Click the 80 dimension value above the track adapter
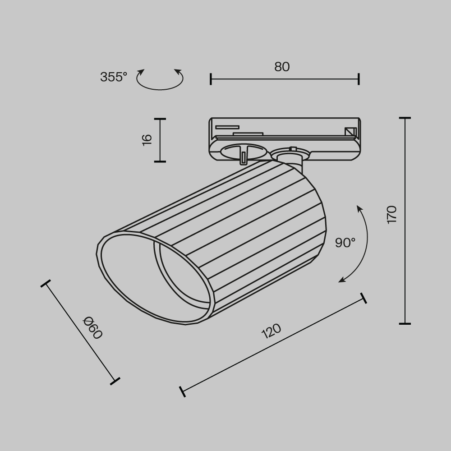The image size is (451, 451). [x=282, y=67]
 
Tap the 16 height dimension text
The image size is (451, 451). [x=147, y=139]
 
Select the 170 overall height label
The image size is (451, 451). [x=391, y=214]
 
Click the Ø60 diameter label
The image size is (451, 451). [x=93, y=328]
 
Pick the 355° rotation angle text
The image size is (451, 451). [x=114, y=77]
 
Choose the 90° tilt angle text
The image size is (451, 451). [x=345, y=243]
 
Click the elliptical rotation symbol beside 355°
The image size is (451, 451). [x=160, y=80]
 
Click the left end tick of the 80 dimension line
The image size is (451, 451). [x=211, y=79]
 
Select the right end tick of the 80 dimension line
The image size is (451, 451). [x=359, y=79]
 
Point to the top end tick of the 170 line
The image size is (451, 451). [x=405, y=118]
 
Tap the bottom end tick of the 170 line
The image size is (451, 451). [x=405, y=323]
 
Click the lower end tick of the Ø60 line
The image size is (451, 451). [x=115, y=381]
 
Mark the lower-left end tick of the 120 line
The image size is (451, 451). [x=182, y=391]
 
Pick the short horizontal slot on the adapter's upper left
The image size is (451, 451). [x=227, y=127]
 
